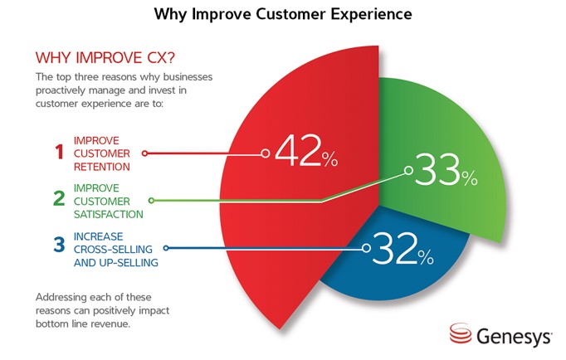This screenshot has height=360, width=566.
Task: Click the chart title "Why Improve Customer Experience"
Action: [x=283, y=14]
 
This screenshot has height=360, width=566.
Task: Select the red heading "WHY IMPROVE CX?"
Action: [x=105, y=58]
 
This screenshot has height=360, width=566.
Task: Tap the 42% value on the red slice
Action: [x=306, y=151]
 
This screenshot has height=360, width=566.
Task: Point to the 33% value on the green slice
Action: [x=446, y=169]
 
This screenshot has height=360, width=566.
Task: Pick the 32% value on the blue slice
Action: [x=403, y=248]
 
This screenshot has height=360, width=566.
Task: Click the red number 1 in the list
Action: [x=59, y=152]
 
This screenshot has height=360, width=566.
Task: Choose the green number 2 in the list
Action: [x=59, y=198]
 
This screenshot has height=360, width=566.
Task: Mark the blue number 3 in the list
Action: [x=59, y=244]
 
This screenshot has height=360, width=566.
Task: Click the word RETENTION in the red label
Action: [x=102, y=167]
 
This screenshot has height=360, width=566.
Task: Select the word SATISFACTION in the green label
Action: [x=108, y=215]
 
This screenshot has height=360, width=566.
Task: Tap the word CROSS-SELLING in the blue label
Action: [x=113, y=249]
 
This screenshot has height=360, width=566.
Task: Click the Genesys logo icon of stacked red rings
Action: [x=461, y=333]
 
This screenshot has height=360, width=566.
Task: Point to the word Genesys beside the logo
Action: [x=514, y=337]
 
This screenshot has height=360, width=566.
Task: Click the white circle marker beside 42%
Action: [x=266, y=153]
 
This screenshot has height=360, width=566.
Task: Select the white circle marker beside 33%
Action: [x=408, y=170]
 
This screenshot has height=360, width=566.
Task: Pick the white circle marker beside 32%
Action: [x=366, y=248]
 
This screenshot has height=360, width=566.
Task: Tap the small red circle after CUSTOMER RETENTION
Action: [x=144, y=153]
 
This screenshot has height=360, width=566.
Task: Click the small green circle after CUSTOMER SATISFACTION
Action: [x=152, y=200]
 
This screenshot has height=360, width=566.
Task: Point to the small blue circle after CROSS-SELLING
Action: [x=166, y=248]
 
